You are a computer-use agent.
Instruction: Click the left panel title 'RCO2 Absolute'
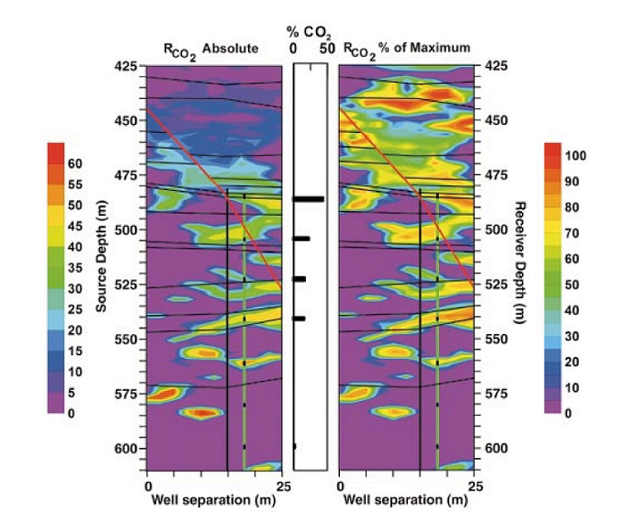point(214,48)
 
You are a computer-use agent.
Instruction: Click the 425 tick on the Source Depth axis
point(125,66)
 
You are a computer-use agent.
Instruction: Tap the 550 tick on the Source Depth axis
point(125,340)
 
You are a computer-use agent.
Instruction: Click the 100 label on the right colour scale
point(575,157)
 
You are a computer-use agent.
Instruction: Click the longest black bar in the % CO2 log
point(309,198)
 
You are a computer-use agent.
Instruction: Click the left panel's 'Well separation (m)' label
point(215,501)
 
